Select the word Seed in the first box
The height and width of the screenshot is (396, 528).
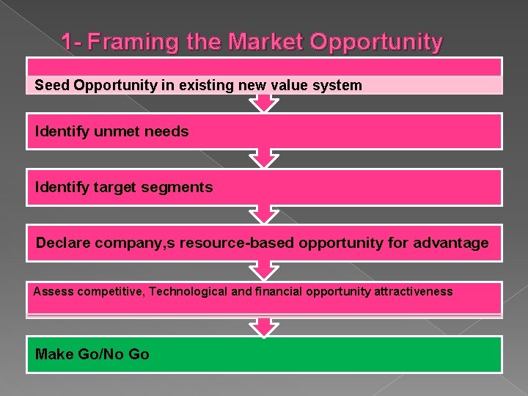pyautogui.click(x=51, y=85)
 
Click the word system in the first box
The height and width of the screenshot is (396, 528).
pyautogui.click(x=340, y=85)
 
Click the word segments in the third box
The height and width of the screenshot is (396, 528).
pyautogui.click(x=182, y=187)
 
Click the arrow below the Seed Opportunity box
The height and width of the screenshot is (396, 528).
pyautogui.click(x=264, y=103)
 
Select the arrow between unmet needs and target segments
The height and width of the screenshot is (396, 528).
pyautogui.click(x=264, y=158)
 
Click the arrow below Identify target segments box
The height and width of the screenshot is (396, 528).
pyautogui.click(x=264, y=214)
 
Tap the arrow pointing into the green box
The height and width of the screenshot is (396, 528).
pyautogui.click(x=264, y=326)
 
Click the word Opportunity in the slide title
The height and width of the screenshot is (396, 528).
pyautogui.click(x=376, y=43)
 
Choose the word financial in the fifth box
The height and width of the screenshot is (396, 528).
pyautogui.click(x=277, y=292)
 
